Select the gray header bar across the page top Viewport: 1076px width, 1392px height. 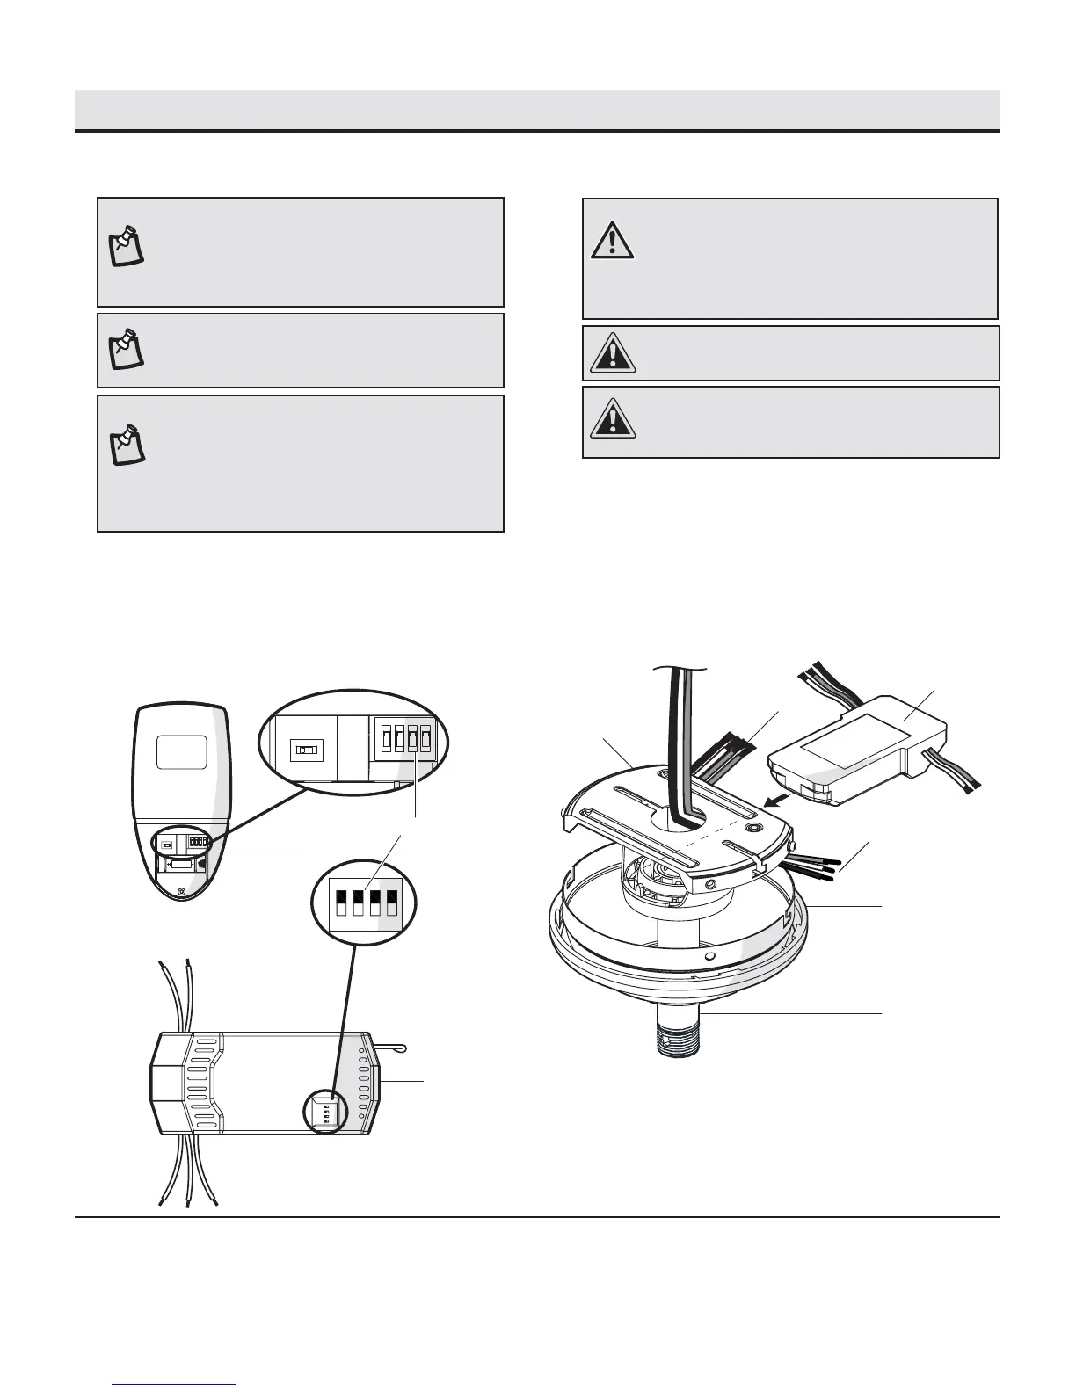537,110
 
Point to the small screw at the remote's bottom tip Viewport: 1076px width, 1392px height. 181,891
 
